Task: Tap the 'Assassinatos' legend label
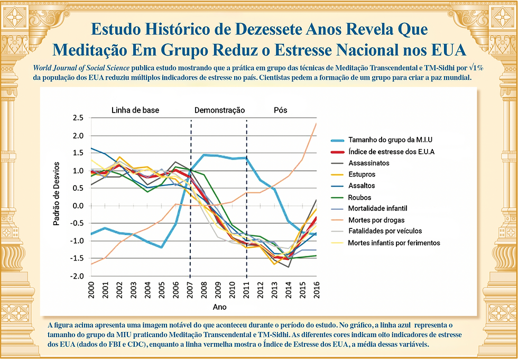point(368,163)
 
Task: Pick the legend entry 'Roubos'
point(359,197)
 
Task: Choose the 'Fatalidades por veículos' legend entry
point(384,231)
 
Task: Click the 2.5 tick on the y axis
point(78,118)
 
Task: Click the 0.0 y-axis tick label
point(78,206)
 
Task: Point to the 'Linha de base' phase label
point(135,110)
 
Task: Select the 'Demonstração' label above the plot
point(219,110)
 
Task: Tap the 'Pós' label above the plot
point(281,110)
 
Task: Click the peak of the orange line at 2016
point(316,123)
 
